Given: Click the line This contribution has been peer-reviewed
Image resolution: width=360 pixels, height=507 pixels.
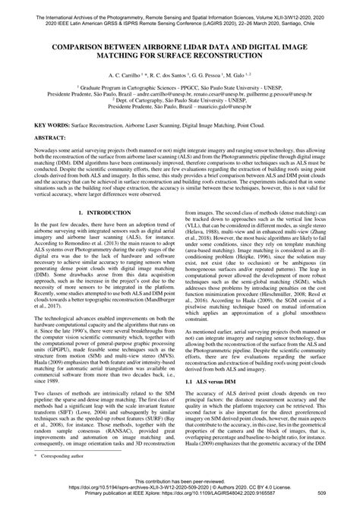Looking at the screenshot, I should [x=179, y=490].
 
